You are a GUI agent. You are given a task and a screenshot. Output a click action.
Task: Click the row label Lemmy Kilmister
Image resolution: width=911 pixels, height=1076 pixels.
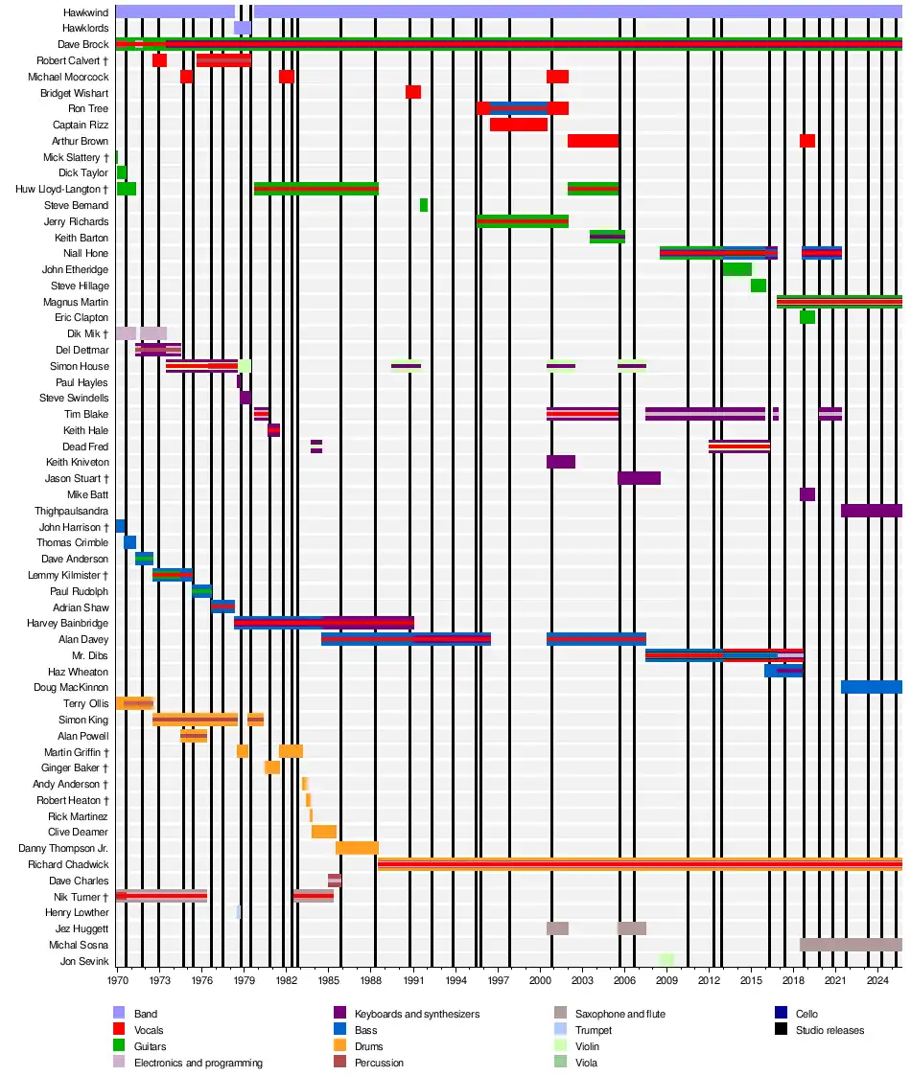point(72,575)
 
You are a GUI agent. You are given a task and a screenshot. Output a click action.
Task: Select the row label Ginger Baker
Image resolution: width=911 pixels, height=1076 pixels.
point(75,767)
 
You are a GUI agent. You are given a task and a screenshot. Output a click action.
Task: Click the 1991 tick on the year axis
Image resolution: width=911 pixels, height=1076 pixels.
point(413,980)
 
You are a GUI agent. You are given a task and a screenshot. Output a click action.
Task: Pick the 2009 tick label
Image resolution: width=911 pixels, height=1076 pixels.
point(666,980)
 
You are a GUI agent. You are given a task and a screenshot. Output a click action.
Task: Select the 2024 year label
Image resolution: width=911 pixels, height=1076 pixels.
point(877,980)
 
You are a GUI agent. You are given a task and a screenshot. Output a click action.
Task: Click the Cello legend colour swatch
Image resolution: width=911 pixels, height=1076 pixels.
point(781,1014)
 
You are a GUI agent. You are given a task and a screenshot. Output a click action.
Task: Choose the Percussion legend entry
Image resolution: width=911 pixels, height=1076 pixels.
point(379,1063)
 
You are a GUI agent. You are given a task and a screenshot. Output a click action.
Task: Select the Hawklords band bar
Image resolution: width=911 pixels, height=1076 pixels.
point(243,28)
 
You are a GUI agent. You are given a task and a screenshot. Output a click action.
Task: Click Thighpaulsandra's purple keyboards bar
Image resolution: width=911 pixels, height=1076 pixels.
point(871,511)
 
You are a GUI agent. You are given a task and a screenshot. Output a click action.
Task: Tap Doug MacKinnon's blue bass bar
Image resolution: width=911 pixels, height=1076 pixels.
point(871,687)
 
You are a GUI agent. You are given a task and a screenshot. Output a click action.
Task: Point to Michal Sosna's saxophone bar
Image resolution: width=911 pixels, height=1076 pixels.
point(851,945)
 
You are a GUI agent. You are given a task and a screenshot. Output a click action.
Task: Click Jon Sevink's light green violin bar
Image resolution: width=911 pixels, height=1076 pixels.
point(666,960)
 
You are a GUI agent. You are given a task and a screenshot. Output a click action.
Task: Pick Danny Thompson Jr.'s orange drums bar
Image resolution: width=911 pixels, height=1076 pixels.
point(357,848)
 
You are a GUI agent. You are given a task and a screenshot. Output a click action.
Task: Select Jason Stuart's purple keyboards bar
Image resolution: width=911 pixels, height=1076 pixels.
point(639,478)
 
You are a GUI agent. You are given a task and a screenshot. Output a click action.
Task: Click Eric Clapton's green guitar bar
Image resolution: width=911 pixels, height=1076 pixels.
point(807,317)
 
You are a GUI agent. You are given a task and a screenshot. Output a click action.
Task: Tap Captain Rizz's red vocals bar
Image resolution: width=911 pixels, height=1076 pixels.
point(519,125)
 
